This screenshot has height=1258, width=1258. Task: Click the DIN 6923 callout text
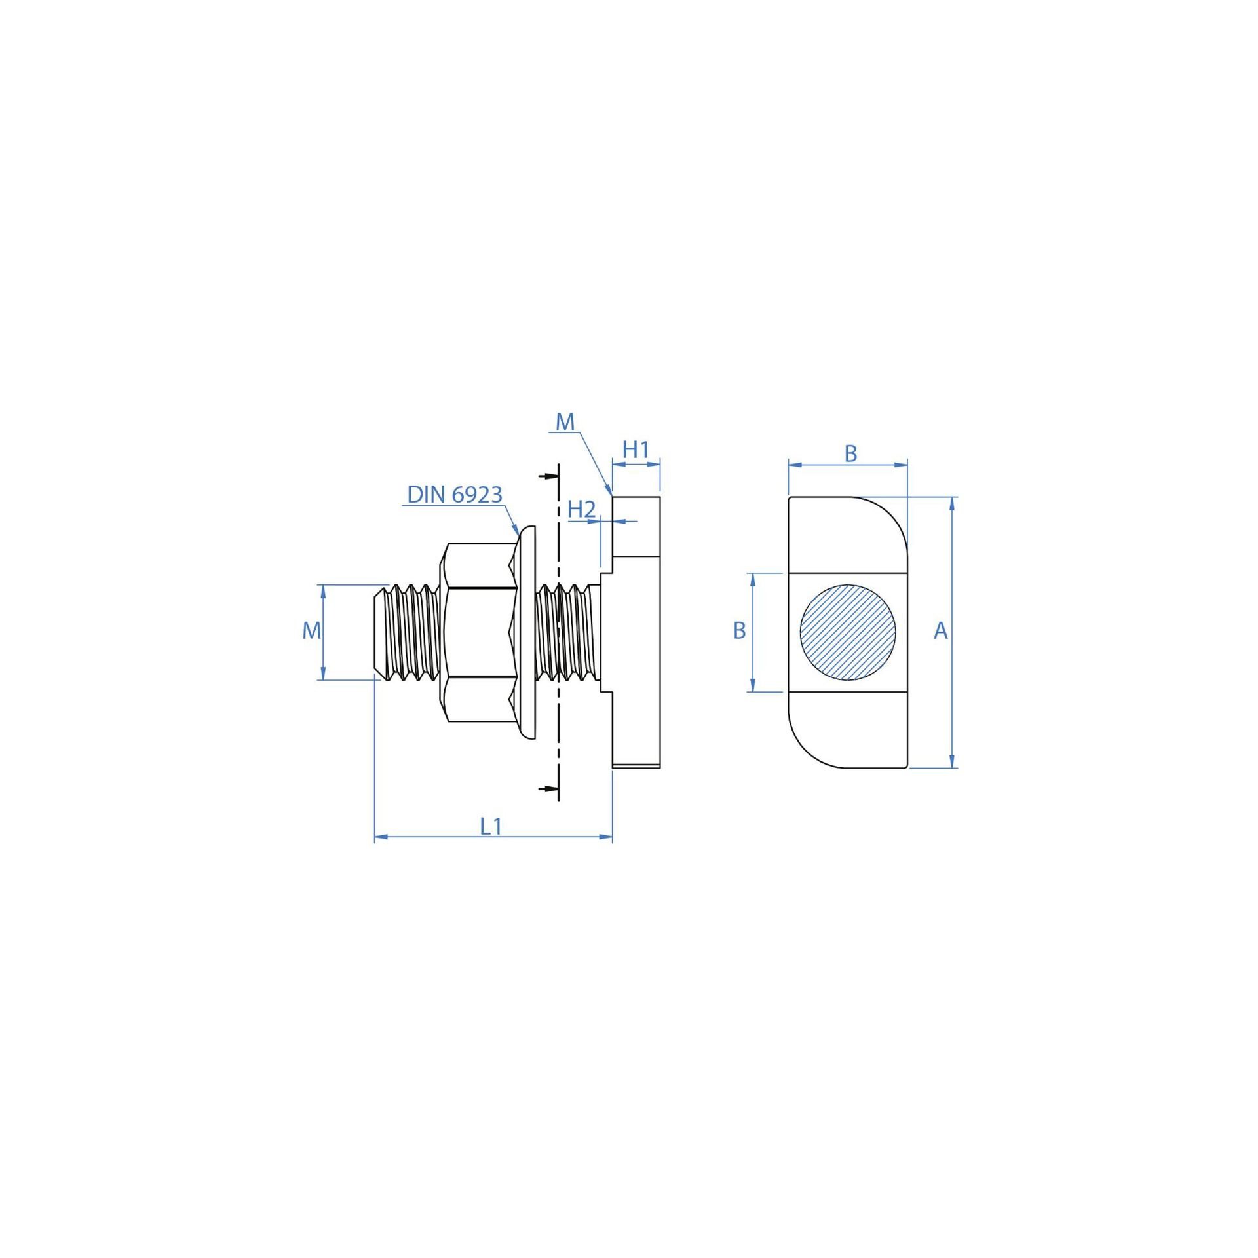455,495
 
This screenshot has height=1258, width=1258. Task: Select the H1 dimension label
636,450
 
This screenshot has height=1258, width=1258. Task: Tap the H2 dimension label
581,509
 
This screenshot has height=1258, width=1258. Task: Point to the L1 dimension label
491,827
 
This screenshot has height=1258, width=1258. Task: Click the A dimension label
941,631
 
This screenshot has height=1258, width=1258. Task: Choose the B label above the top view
850,453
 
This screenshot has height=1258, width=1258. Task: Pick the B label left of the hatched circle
740,630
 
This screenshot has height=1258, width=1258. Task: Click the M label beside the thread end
312,631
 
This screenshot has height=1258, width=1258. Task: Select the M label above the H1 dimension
565,423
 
